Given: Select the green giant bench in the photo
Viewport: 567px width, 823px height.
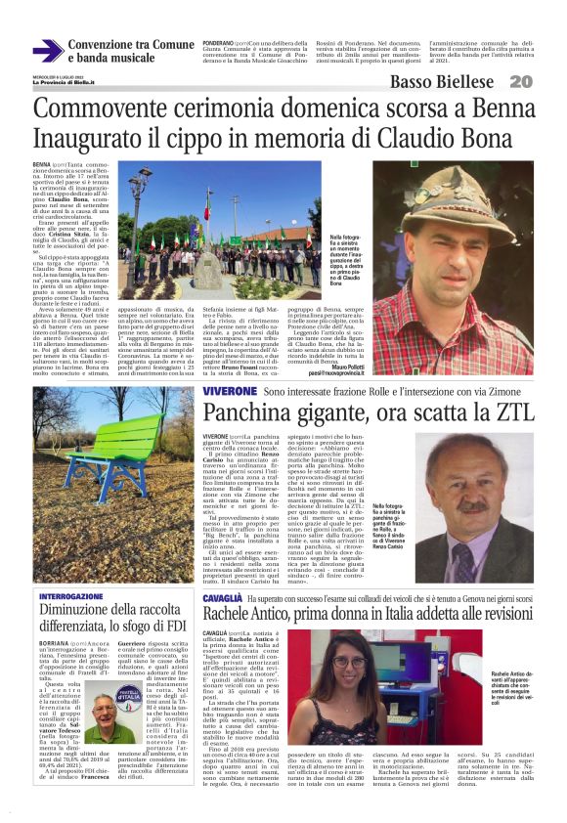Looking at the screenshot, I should tap(117, 450).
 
